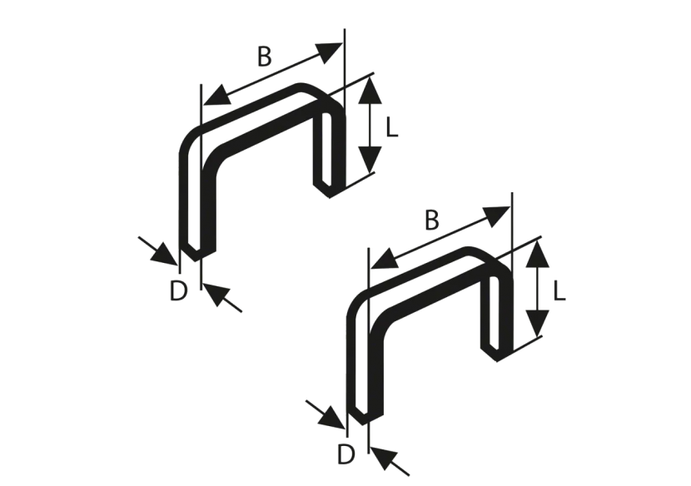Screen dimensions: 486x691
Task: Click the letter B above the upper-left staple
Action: coord(264,57)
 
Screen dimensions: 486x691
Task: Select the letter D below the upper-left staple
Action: coord(178,291)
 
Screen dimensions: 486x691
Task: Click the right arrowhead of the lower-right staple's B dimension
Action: coord(499,215)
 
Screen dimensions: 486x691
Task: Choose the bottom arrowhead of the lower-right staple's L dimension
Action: coord(537,323)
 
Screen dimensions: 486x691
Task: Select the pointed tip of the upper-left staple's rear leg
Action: coord(326,189)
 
